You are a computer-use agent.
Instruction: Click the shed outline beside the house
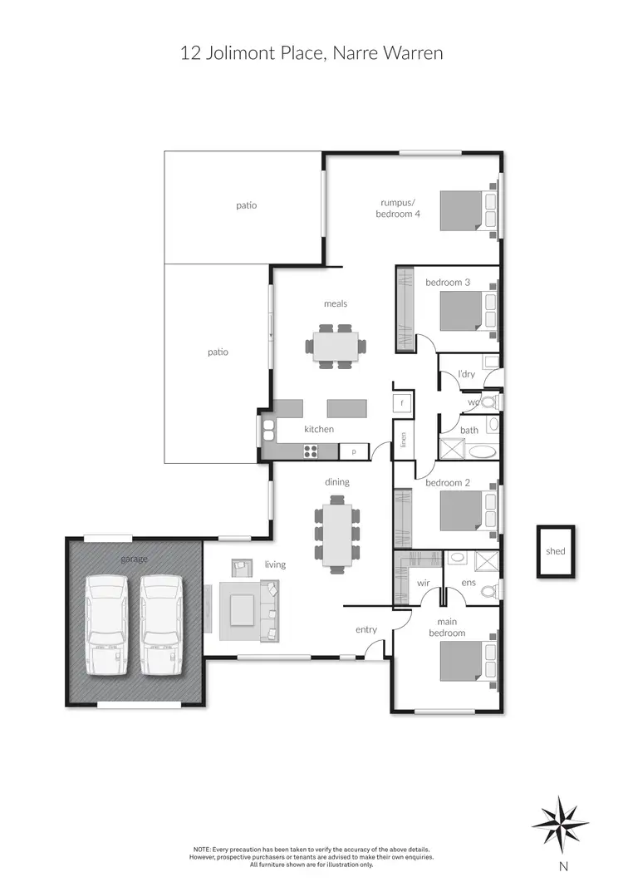click(555, 550)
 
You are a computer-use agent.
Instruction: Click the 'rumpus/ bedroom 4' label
click(400, 208)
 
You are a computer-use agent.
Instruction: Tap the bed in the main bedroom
click(465, 660)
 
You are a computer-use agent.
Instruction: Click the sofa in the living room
click(270, 611)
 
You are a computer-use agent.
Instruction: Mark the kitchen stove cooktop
click(311, 451)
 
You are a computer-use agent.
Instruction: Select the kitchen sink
click(268, 429)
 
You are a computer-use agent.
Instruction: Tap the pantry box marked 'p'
click(353, 451)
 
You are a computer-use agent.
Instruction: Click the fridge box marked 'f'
click(403, 403)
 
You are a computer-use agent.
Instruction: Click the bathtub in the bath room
click(480, 451)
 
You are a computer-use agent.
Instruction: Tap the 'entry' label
click(366, 629)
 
